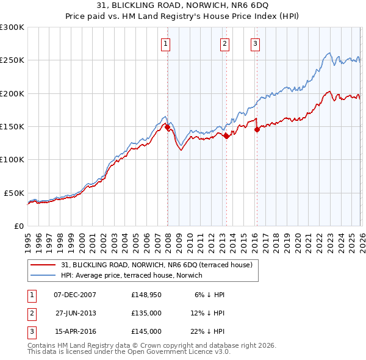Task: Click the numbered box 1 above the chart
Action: [166, 43]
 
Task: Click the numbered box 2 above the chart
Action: [224, 43]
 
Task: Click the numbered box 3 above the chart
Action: [255, 43]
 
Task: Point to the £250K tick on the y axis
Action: [12, 60]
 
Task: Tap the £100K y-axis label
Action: [12, 160]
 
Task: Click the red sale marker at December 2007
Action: [167, 127]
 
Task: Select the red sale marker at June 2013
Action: [226, 136]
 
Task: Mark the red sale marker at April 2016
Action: [257, 129]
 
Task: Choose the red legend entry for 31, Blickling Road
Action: [160, 264]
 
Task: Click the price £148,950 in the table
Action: [146, 295]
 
